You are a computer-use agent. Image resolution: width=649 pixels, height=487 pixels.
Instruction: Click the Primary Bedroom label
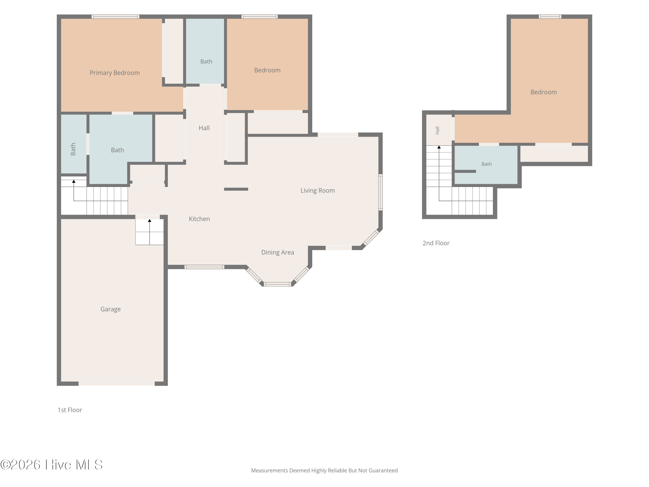point(114,73)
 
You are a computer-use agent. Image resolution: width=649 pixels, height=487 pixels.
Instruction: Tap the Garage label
point(110,309)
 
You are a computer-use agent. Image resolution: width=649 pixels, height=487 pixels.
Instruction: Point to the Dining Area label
point(278,252)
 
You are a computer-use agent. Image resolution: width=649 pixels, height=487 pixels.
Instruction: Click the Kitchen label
point(199,219)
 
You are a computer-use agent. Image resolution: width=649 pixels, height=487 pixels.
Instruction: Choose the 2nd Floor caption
point(436,243)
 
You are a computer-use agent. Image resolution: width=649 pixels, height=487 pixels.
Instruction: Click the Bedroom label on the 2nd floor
point(543,92)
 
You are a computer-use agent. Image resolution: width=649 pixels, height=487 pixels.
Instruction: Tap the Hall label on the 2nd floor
point(437,130)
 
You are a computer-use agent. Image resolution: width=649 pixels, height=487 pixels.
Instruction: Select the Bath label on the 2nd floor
point(487,164)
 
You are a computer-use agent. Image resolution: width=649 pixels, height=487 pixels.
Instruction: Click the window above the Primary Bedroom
point(115,16)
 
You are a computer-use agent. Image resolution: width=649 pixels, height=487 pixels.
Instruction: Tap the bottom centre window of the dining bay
point(278,284)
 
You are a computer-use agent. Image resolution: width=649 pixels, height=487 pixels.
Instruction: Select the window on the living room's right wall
point(381,192)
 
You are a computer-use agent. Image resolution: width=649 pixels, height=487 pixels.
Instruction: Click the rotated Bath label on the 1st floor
point(73,149)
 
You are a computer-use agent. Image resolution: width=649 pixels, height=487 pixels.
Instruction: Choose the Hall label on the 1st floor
point(204,128)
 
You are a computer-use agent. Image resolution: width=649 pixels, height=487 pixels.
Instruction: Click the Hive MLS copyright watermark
point(52,465)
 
